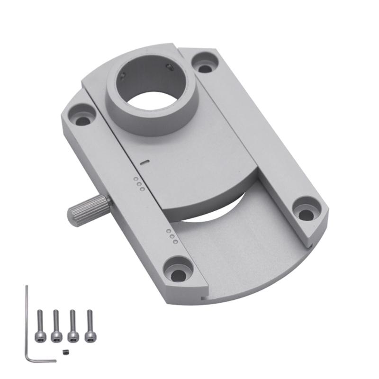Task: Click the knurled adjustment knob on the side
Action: click(x=88, y=210)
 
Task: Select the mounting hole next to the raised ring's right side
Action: click(x=205, y=63)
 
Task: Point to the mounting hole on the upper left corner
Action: click(x=82, y=117)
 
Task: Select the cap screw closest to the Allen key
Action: click(x=40, y=325)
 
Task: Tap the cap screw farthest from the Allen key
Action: click(x=89, y=325)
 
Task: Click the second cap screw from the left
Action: click(x=56, y=325)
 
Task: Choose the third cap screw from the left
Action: click(x=73, y=325)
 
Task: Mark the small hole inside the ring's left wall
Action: click(x=122, y=74)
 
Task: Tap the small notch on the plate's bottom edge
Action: click(x=203, y=298)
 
